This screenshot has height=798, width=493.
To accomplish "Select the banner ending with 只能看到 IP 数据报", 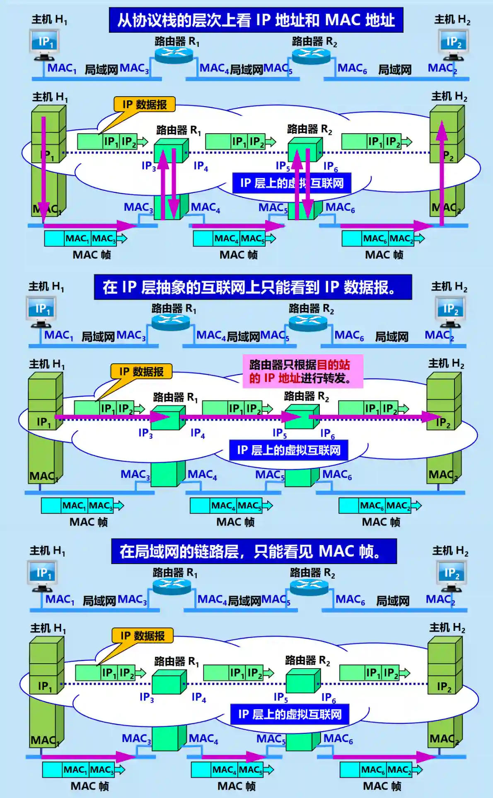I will (x=253, y=287).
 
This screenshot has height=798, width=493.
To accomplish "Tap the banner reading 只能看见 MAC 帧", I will (x=254, y=551).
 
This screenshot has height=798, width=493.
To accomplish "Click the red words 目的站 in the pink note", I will (x=333, y=365).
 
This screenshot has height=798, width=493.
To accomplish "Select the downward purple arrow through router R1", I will (x=174, y=185).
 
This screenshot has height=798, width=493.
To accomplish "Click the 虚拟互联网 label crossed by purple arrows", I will (x=292, y=183).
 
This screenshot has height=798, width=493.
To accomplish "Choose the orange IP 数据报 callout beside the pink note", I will (x=141, y=372).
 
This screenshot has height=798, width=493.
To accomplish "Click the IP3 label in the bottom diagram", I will (x=146, y=698).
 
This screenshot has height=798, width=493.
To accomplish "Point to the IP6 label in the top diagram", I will (x=330, y=167).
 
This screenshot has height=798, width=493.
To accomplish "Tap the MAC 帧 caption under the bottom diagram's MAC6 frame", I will (x=382, y=786).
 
